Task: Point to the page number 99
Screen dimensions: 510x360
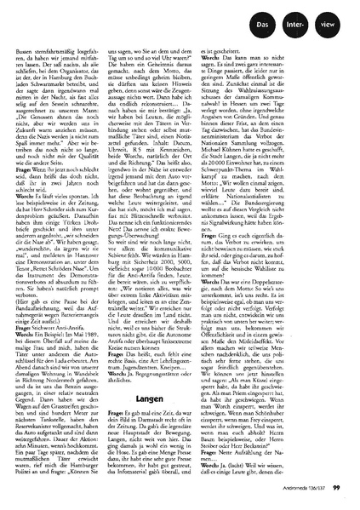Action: (x=336, y=487)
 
